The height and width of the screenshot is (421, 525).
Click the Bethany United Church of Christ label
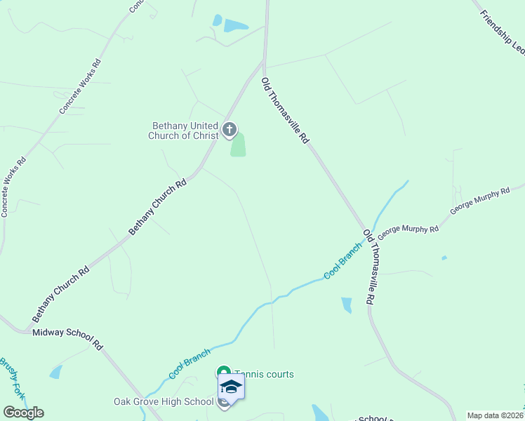185,131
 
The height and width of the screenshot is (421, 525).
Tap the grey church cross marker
229,130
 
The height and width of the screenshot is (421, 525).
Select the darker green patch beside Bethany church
238,146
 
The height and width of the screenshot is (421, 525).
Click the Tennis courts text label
263,374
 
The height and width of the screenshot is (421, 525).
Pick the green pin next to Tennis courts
223,373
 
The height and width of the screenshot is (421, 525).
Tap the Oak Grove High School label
164,401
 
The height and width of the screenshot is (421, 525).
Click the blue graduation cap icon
231,387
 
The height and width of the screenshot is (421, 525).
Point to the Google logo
23,413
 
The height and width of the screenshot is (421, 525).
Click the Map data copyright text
496,415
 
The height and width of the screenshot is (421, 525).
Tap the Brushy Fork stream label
13,379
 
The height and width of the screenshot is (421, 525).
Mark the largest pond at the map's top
235,27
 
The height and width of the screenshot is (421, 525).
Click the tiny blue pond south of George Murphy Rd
444,258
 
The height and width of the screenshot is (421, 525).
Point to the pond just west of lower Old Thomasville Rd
346,305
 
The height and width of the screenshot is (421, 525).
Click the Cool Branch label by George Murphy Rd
343,260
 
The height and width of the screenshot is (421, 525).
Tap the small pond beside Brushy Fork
55,372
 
